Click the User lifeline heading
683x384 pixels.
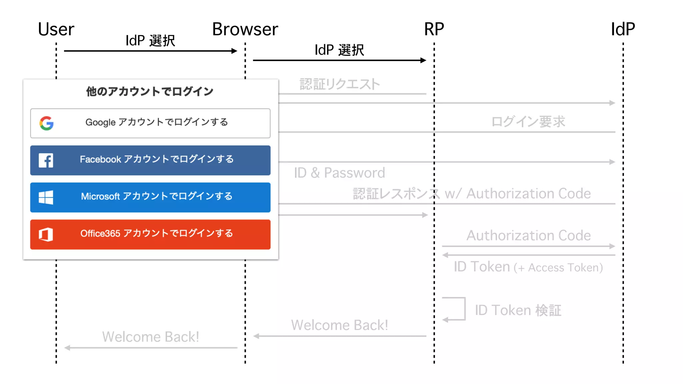tap(56, 29)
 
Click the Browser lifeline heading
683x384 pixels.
tap(245, 29)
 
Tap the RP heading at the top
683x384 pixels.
tap(434, 29)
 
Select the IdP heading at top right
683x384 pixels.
tap(623, 29)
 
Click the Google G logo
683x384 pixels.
tap(46, 123)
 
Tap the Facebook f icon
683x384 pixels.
tap(46, 160)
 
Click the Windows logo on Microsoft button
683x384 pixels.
tap(46, 197)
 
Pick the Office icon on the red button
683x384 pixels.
tap(46, 234)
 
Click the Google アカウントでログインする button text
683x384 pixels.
tap(156, 122)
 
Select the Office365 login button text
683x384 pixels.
tap(156, 233)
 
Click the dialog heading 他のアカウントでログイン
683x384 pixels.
tap(150, 91)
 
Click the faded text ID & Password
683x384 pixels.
tap(339, 173)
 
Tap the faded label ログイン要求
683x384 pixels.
tap(528, 122)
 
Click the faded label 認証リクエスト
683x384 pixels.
tap(339, 84)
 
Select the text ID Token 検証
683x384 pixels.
tap(518, 310)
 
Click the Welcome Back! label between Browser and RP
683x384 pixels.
tap(339, 325)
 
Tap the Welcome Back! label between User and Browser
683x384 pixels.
tap(150, 337)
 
